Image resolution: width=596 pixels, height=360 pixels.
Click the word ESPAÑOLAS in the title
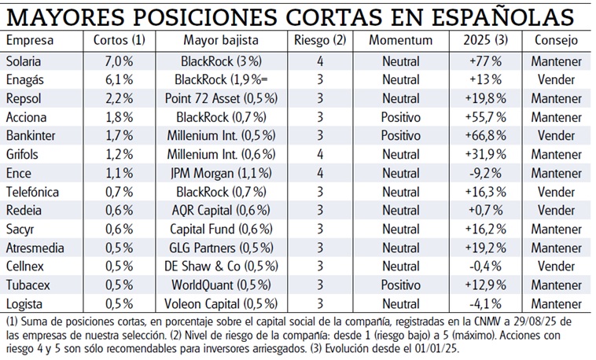coord(497,17)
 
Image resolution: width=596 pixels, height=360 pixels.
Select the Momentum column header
coord(401,40)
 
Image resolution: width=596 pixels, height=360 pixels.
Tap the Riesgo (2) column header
coord(319,40)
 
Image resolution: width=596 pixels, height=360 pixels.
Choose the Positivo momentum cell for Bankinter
coord(401,135)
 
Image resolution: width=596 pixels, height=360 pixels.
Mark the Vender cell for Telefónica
coord(557,191)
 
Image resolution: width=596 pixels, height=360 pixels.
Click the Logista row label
coord(23,303)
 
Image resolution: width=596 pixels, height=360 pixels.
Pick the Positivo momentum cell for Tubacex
coord(401,284)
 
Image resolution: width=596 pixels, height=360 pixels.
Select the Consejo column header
coord(557,40)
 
